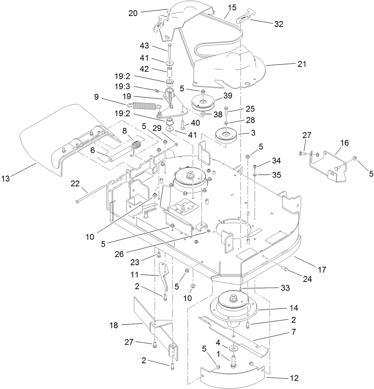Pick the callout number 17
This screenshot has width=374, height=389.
pyautogui.click(x=322, y=270)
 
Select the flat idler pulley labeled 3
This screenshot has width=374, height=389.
pyautogui.click(x=226, y=136)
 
